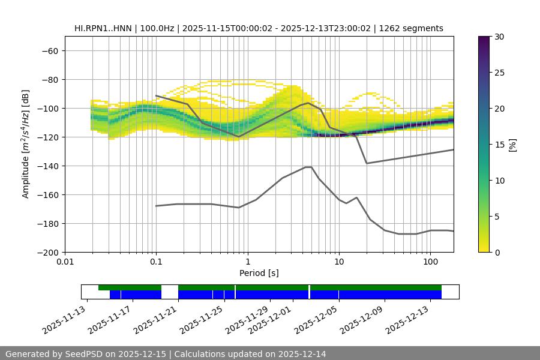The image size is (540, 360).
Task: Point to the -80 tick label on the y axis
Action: (49, 79)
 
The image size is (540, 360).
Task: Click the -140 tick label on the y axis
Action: (46, 166)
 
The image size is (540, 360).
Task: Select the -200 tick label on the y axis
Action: (46, 252)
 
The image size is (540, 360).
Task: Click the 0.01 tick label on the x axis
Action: (65, 262)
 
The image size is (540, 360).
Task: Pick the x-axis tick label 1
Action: (247, 262)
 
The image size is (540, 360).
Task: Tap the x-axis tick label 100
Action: (430, 262)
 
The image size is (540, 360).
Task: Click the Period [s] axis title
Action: (259, 273)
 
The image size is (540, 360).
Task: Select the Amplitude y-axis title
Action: (25, 144)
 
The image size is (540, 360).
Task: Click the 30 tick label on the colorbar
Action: (499, 37)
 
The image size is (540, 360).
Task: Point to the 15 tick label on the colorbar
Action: (499, 144)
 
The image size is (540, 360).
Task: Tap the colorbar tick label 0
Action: (496, 252)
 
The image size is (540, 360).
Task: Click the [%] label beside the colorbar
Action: (512, 144)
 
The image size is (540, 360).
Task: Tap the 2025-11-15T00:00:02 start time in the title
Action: (226, 28)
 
